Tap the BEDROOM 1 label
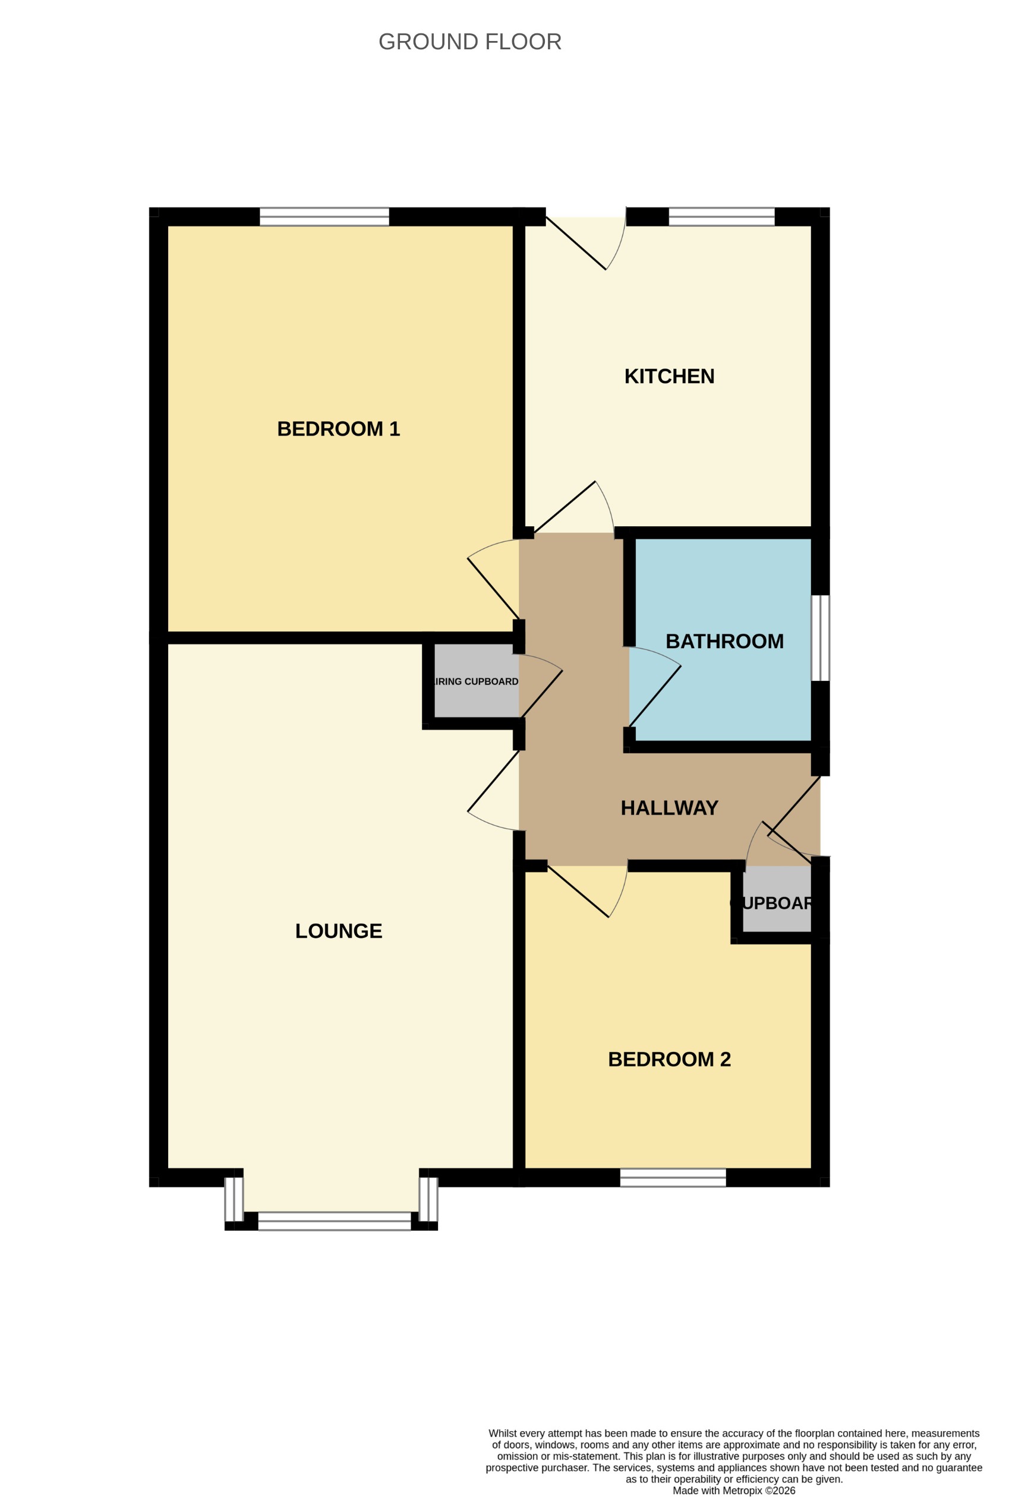point(338,429)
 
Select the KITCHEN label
point(669,376)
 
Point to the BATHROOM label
point(724,642)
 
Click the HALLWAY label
point(669,808)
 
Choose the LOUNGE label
point(338,931)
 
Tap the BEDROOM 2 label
point(669,1059)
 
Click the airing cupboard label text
point(477,681)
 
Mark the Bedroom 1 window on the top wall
point(324,216)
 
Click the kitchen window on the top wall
point(721,216)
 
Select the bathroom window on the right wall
point(820,637)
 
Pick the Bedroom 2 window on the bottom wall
point(673,1177)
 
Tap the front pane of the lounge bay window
point(334,1221)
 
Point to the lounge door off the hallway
point(493,791)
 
